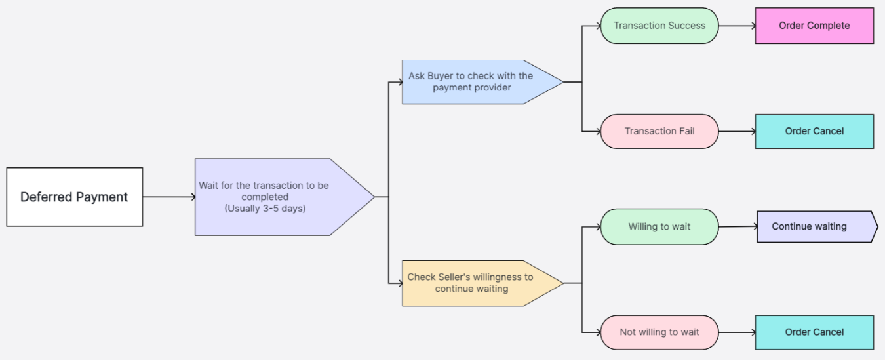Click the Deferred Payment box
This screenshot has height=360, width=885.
(74, 197)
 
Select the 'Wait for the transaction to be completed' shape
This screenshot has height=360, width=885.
(275, 197)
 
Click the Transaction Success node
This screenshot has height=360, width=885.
(659, 26)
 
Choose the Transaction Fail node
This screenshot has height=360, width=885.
(659, 131)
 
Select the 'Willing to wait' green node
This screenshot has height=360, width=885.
(659, 227)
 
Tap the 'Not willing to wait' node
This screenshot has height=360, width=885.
(659, 332)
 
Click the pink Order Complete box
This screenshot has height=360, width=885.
(814, 26)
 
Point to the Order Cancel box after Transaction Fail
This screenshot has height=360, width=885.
(814, 131)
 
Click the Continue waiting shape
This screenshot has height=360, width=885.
(813, 227)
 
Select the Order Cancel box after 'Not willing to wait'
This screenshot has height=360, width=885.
(814, 332)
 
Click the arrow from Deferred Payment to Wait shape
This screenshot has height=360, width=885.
(168, 197)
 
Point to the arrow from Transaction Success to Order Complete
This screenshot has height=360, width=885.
(737, 26)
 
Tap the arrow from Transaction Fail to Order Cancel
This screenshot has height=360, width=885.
(737, 131)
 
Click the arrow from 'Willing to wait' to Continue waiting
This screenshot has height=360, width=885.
(737, 227)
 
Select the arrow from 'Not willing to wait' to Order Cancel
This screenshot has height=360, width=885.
(737, 332)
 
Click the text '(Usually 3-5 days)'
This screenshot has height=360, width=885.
(265, 209)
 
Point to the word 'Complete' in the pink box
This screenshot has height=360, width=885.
(829, 26)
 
